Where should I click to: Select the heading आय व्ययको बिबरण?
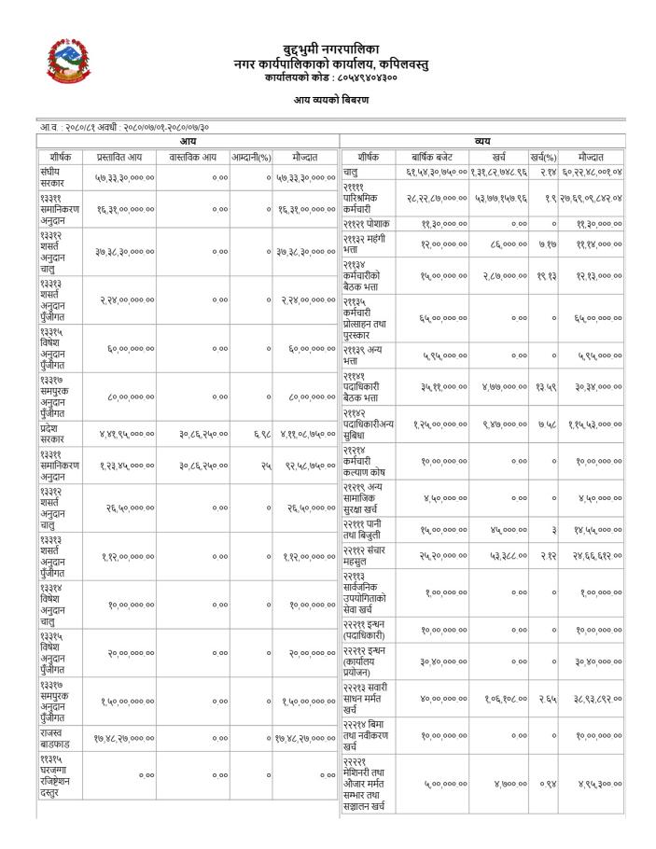click(x=331, y=100)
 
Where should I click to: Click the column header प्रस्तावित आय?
click(x=119, y=158)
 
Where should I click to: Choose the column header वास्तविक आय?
click(x=193, y=158)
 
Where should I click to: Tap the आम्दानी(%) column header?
click(x=251, y=158)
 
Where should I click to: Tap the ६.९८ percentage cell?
click(x=262, y=434)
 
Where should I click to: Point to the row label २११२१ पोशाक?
click(x=366, y=224)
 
